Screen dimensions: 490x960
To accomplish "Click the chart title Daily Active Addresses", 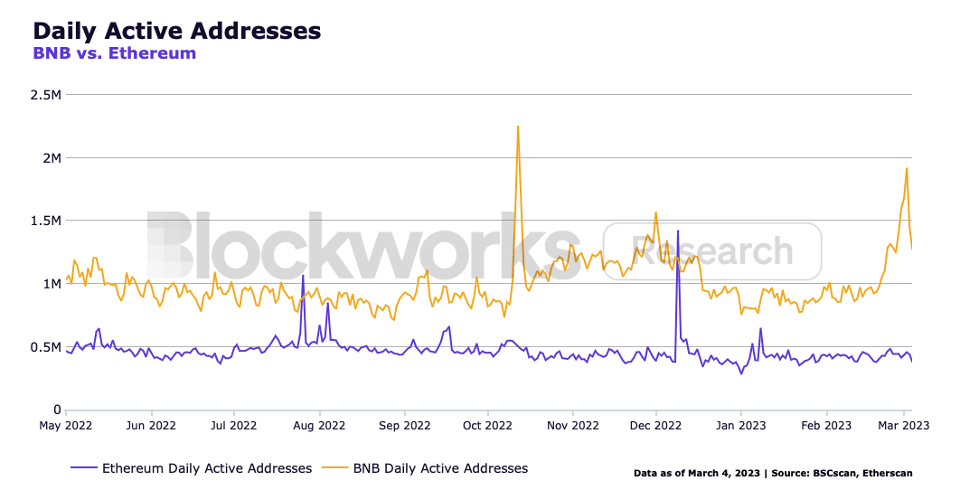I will [176, 30].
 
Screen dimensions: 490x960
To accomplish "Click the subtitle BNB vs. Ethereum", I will [114, 53].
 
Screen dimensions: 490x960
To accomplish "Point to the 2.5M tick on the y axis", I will [45, 95].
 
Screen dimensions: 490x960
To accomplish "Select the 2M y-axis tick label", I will [51, 158].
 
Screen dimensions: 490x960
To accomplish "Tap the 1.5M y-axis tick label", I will [45, 221].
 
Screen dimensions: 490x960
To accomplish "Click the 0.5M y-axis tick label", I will [45, 347].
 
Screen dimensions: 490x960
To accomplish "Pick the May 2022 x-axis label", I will [67, 424].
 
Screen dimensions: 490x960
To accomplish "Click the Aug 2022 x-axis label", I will [319, 424].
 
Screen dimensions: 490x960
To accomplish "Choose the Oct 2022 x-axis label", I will [488, 424].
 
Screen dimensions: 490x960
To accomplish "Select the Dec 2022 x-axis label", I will [656, 424].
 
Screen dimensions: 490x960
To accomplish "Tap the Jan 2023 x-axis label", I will [741, 424].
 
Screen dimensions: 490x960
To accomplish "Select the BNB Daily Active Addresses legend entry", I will [439, 468].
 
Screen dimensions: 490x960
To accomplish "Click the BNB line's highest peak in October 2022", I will [518, 127].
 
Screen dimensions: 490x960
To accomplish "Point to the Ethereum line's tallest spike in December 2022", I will [678, 231].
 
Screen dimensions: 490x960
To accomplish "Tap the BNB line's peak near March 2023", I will [907, 168].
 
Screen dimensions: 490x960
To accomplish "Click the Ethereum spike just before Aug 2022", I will [303, 276].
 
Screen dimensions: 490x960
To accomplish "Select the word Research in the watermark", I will [712, 250].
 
